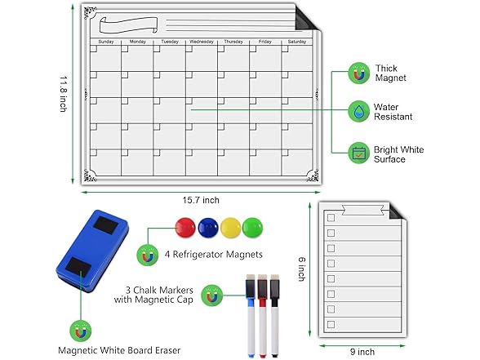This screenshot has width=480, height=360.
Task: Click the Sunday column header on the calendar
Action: [x=106, y=41]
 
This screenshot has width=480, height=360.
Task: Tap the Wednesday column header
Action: [x=202, y=41]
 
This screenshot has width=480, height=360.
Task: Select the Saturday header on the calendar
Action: [x=296, y=41]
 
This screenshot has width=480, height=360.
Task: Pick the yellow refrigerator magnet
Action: [x=232, y=229]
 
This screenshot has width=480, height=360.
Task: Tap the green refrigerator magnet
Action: [x=254, y=229]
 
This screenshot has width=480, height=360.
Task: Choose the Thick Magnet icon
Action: [x=358, y=73]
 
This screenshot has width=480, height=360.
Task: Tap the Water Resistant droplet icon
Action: [x=358, y=111]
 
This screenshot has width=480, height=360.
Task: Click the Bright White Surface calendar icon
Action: [x=358, y=152]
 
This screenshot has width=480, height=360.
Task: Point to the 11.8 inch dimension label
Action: [x=62, y=96]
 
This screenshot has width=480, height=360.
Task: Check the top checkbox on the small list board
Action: [x=331, y=219]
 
